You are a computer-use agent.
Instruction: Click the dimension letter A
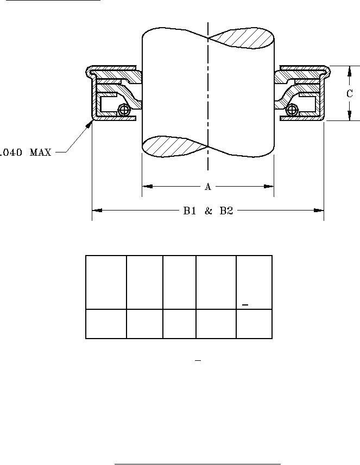(x=207, y=187)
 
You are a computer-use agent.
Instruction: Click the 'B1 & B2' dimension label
(x=207, y=211)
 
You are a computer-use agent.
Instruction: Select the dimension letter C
(x=350, y=94)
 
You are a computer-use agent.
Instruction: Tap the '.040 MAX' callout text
(x=26, y=153)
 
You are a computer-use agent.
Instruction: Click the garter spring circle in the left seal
(x=125, y=110)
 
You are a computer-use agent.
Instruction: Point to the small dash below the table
(x=198, y=360)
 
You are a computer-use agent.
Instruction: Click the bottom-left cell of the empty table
(x=106, y=324)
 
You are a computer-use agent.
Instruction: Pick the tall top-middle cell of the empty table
(x=179, y=282)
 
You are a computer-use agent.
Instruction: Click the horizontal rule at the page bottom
(x=198, y=464)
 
